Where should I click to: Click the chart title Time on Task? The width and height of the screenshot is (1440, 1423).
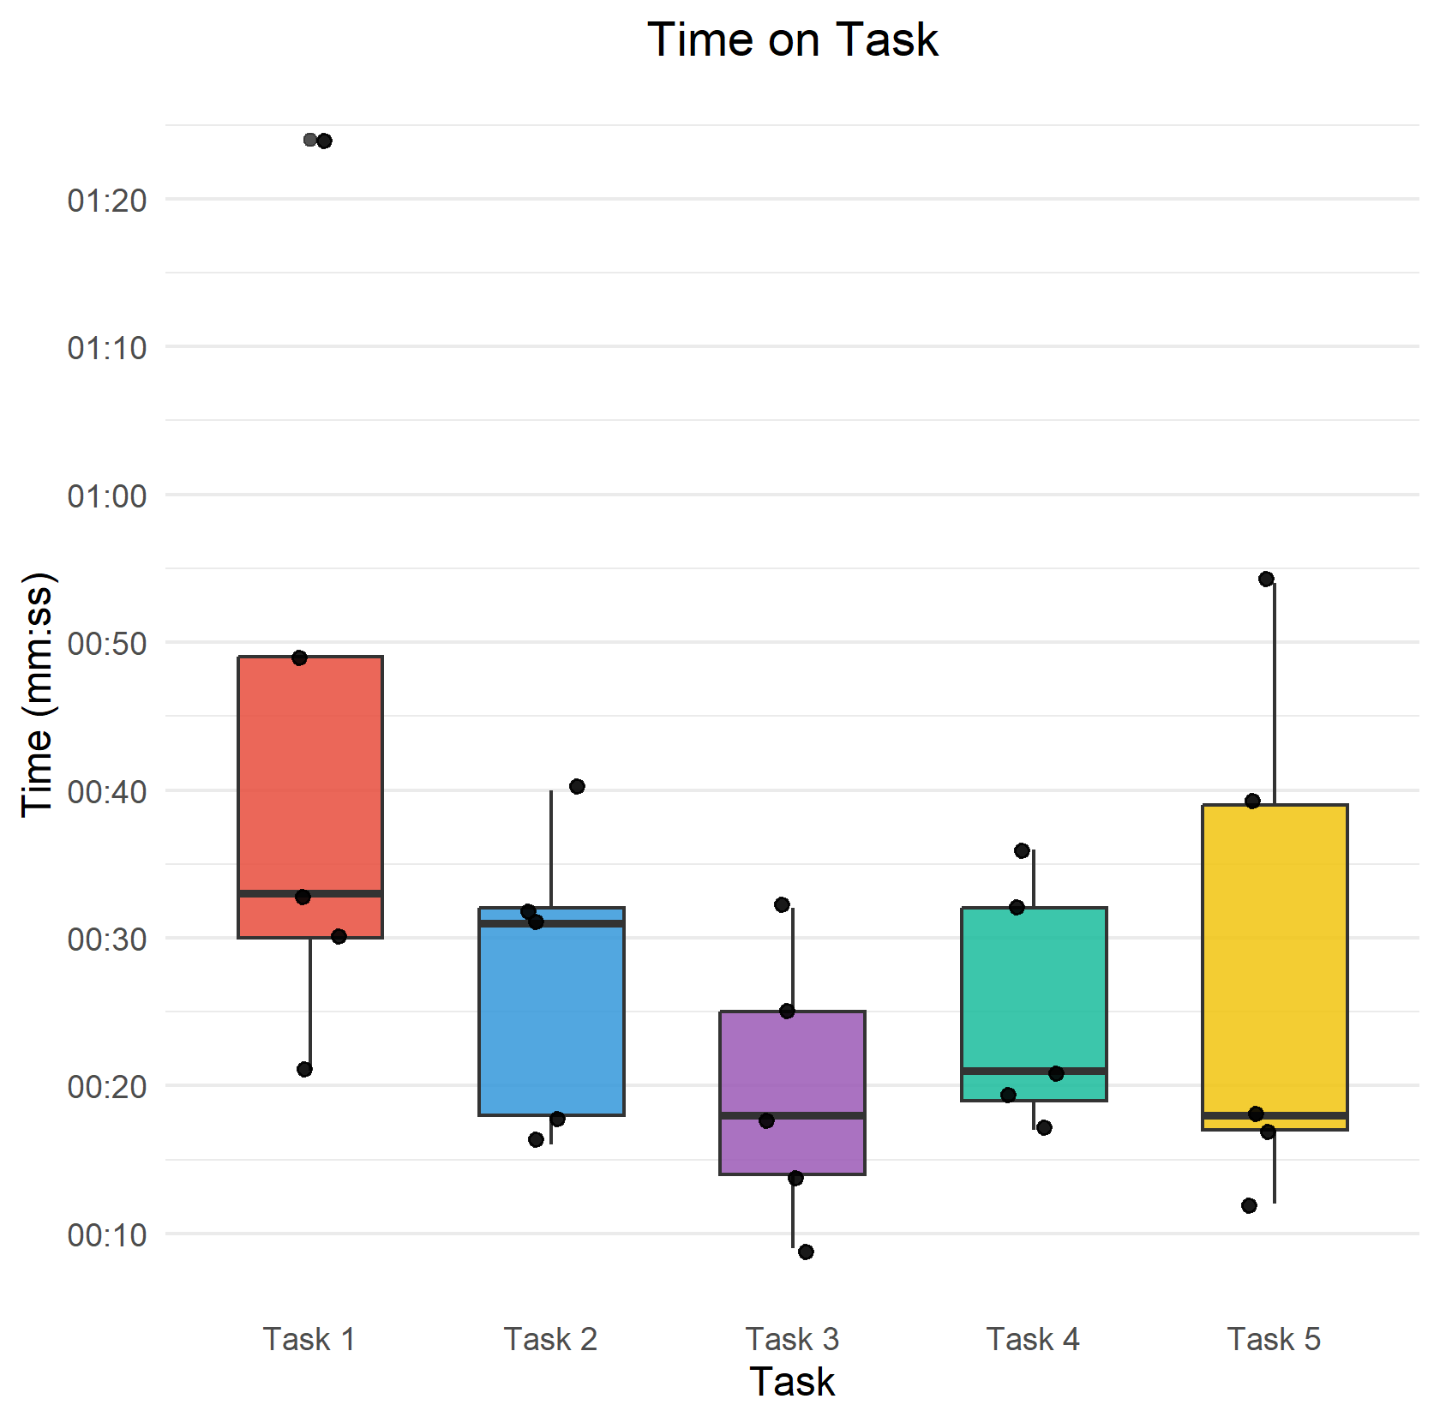(792, 39)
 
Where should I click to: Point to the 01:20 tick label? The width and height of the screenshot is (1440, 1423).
(107, 201)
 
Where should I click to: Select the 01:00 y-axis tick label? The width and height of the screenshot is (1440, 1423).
(107, 495)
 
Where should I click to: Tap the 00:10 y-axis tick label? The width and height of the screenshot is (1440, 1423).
(107, 1234)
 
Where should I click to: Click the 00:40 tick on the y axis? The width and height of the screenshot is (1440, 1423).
(107, 791)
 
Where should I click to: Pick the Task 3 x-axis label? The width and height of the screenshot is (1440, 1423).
(792, 1339)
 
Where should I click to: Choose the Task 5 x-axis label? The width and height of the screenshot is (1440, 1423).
(1274, 1339)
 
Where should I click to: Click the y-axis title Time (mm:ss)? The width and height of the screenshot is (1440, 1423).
(38, 694)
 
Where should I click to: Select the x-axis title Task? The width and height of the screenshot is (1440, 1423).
(792, 1382)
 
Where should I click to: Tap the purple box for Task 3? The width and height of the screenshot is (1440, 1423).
(792, 1063)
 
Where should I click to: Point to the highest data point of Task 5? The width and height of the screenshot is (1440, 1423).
(1266, 579)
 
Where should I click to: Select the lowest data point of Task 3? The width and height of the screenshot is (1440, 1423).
(806, 1252)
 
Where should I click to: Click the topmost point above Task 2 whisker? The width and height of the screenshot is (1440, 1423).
(577, 786)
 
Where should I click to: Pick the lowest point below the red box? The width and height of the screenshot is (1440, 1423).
(304, 1069)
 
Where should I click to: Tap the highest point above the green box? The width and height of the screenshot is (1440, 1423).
(1022, 850)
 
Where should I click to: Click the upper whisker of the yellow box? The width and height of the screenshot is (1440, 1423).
(1275, 694)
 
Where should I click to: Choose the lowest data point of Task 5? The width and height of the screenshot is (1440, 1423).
(1249, 1205)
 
